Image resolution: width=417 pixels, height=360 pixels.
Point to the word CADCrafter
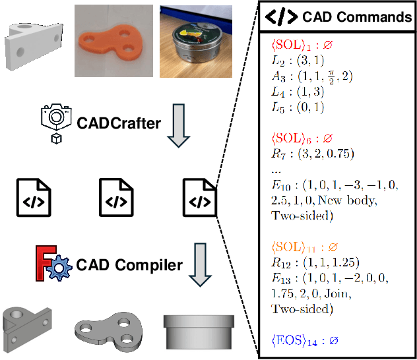pos(119,123)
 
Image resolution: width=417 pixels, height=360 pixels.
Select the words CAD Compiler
pos(129,266)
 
